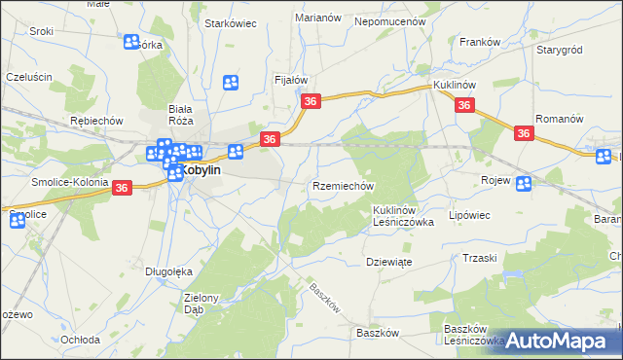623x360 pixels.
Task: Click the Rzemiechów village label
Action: point(343,186)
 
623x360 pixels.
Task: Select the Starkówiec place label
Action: point(230,23)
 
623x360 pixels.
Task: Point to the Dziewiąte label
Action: point(388,262)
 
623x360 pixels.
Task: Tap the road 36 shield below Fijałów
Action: point(311,101)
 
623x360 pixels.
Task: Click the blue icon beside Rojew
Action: point(524,183)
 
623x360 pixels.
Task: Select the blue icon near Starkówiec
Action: point(232,84)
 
